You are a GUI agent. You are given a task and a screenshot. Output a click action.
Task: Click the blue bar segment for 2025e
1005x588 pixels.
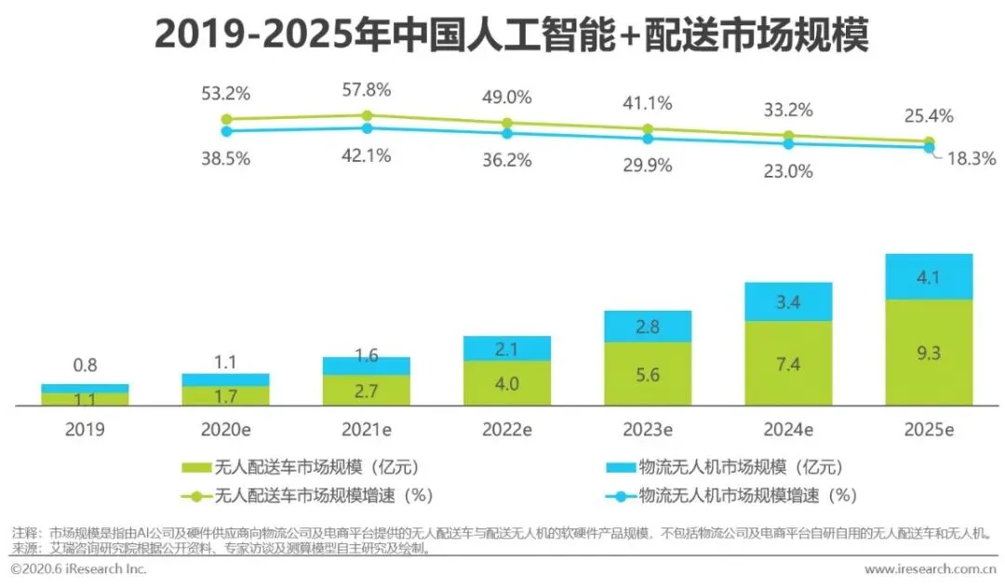[929, 276]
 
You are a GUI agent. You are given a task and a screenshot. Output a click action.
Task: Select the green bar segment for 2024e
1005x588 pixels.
[788, 363]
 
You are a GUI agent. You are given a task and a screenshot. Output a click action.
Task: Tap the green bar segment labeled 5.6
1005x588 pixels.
[647, 373]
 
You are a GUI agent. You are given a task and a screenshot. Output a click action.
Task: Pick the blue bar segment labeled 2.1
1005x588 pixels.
[506, 348]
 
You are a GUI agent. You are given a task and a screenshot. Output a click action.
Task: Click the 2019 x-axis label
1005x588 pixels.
[85, 430]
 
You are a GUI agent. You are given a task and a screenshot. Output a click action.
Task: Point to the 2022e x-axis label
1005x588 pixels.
[506, 430]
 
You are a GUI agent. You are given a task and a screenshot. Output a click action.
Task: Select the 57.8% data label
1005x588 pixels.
[367, 90]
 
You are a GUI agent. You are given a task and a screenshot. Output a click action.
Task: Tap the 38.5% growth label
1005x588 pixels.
[225, 158]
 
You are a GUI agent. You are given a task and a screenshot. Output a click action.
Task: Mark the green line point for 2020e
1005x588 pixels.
[225, 119]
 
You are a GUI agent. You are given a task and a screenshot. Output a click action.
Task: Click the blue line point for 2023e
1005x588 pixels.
[648, 138]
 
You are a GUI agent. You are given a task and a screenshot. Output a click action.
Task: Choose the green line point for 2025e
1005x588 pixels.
[929, 142]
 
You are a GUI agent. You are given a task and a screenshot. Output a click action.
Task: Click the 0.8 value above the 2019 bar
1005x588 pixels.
[85, 365]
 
